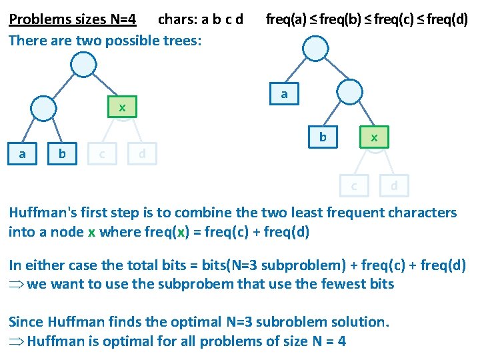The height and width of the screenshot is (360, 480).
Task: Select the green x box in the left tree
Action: coord(122,107)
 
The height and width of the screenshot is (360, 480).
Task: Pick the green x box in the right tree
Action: coord(374,137)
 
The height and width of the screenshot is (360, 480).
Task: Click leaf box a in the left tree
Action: coord(23,154)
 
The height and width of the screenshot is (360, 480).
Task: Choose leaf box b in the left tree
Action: coord(62,154)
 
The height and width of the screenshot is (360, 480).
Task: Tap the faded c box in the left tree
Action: coord(101,154)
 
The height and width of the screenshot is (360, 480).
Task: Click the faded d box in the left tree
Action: coord(141,154)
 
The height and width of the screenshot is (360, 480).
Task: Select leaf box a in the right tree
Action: coord(285,94)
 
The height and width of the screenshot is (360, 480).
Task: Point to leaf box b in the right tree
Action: coord(323,137)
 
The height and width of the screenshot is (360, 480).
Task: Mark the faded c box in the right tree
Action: coord(354,185)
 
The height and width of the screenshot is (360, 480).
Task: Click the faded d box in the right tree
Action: coord(394,185)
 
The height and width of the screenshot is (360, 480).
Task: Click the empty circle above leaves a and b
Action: coord(43,107)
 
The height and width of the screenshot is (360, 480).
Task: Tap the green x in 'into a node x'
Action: coord(91,232)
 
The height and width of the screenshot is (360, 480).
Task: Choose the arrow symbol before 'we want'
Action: coord(16,284)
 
